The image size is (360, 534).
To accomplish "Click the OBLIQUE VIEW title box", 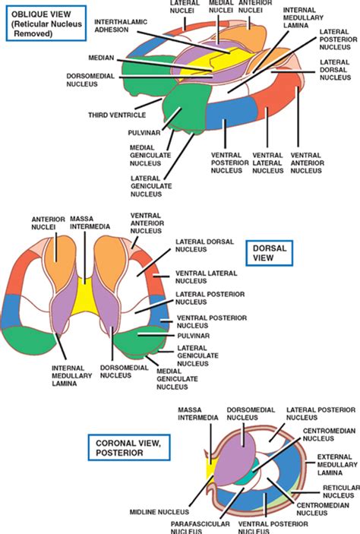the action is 46,24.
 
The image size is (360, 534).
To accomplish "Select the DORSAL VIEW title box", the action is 269,253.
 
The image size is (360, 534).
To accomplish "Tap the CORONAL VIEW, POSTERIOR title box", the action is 129,447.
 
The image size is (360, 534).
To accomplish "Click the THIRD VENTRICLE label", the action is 117,115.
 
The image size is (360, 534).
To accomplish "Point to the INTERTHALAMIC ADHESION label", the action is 121,26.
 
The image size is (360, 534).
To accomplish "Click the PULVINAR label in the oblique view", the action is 144,132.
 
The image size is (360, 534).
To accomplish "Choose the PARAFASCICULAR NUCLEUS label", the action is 200,527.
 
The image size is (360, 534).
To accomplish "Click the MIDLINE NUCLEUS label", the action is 159,512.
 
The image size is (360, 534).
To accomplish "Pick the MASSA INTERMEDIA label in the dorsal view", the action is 90,223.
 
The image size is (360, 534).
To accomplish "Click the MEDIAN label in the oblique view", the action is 101,58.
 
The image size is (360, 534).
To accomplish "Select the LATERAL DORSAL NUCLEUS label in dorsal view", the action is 204,245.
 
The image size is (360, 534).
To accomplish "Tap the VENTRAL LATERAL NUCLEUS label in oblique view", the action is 267,163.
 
